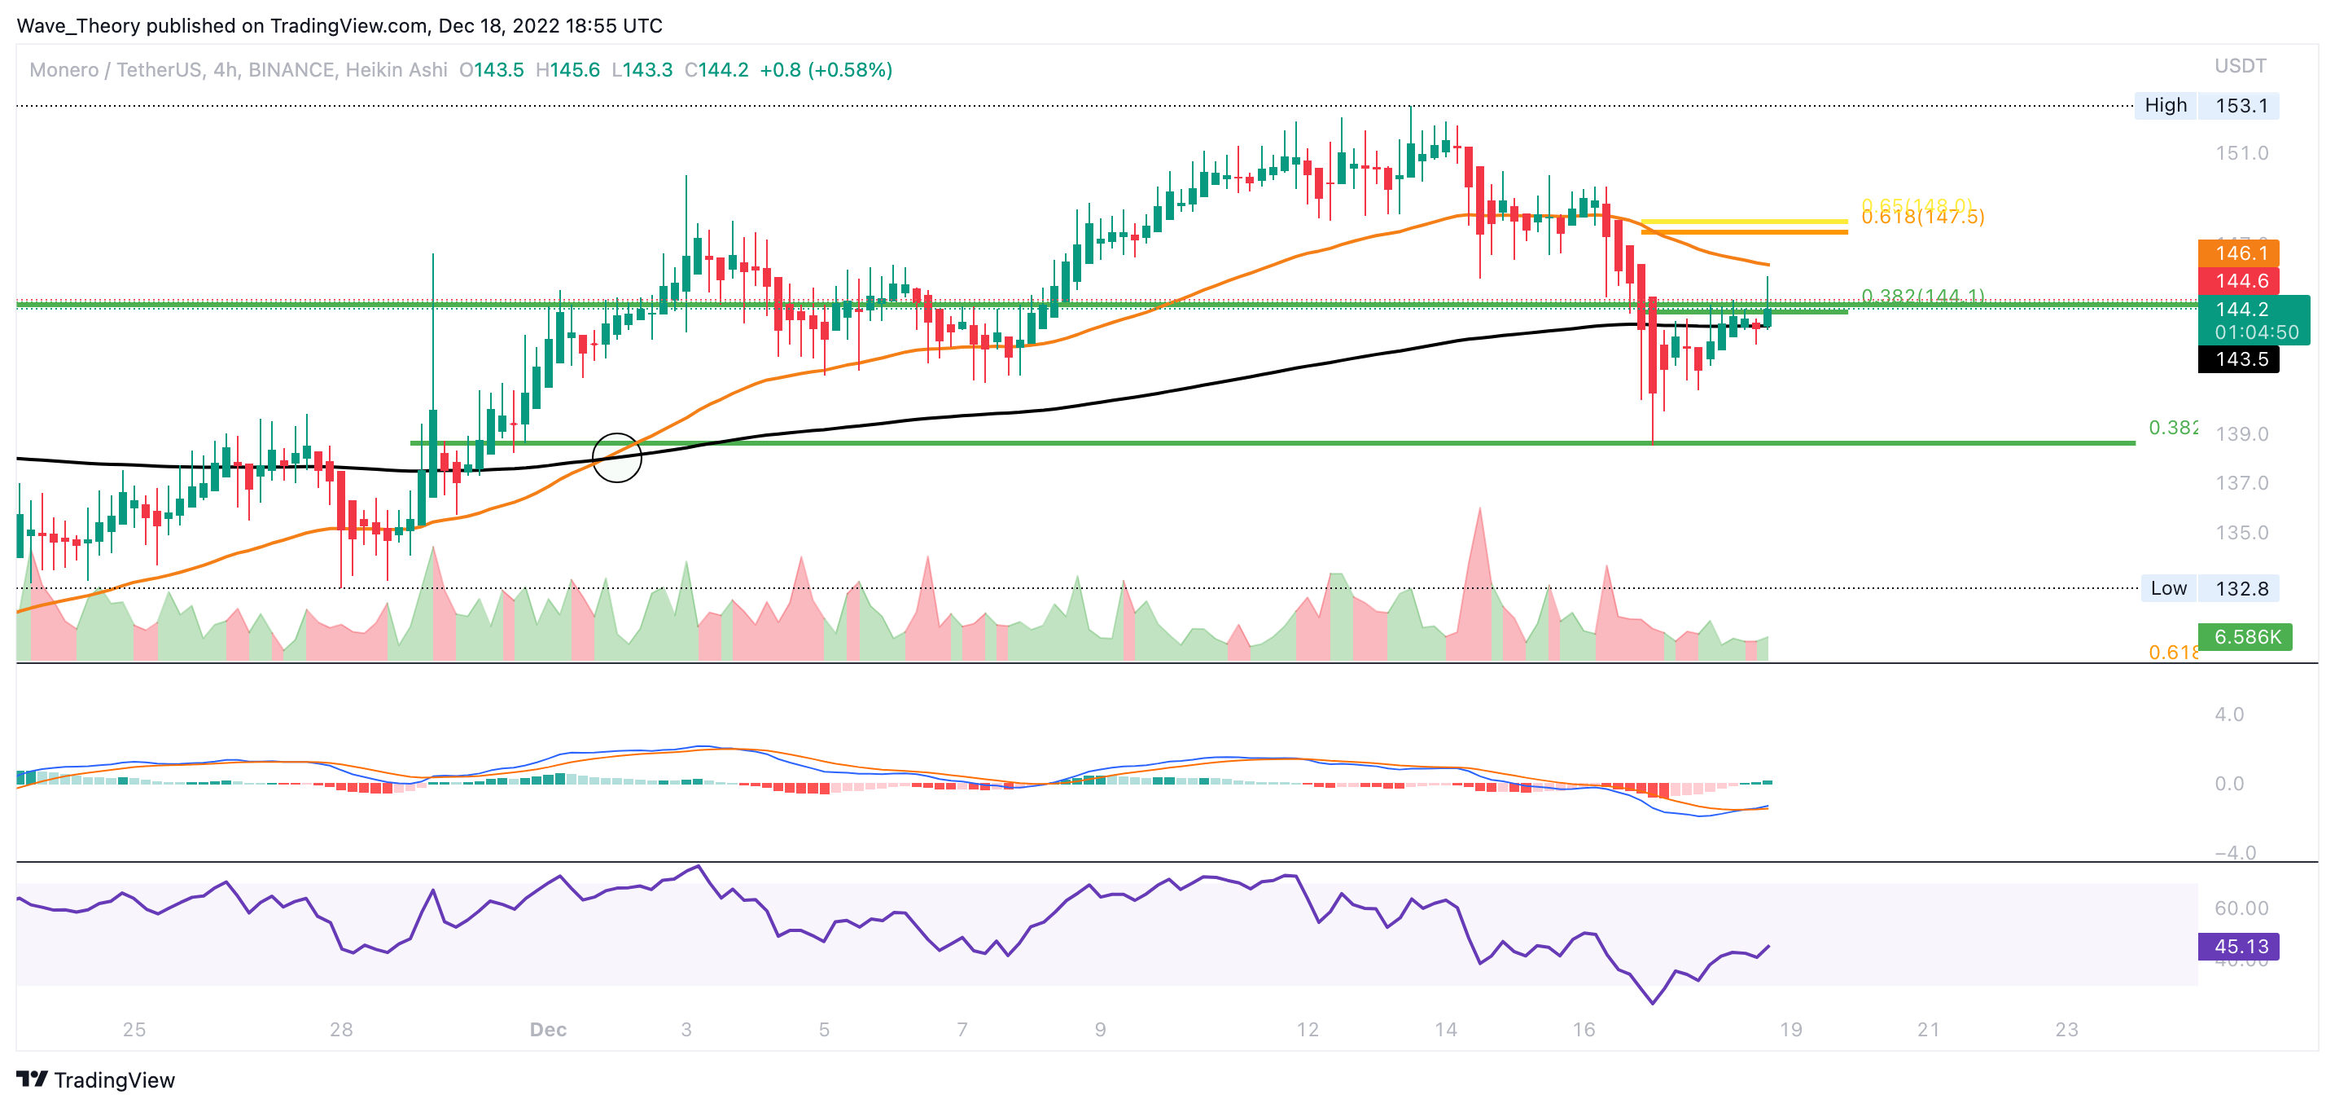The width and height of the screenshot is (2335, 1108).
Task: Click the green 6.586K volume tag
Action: click(x=2246, y=636)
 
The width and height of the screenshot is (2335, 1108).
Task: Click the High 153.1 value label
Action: click(x=2241, y=105)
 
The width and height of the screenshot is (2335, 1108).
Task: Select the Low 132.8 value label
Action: click(x=2241, y=588)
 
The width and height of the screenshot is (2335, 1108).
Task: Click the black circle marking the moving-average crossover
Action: click(x=617, y=457)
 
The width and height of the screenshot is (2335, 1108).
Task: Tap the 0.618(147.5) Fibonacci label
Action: click(x=1921, y=218)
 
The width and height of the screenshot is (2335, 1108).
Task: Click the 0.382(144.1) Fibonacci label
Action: click(x=1921, y=296)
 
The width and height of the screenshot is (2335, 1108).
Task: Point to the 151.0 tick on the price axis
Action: click(x=2241, y=153)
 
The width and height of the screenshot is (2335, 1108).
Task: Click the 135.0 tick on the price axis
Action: click(x=2241, y=532)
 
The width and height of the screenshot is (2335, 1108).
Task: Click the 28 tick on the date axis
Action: click(x=341, y=1029)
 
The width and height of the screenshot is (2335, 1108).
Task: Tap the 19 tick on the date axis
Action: click(x=1790, y=1029)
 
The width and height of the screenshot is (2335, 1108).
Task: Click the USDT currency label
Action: click(x=2240, y=66)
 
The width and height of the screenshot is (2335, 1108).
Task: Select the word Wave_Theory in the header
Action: click(x=78, y=25)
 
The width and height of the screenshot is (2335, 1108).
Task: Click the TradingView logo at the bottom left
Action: click(x=95, y=1079)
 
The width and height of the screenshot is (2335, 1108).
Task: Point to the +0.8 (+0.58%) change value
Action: click(x=826, y=70)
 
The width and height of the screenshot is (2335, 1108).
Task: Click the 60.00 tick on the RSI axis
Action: click(x=2241, y=908)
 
